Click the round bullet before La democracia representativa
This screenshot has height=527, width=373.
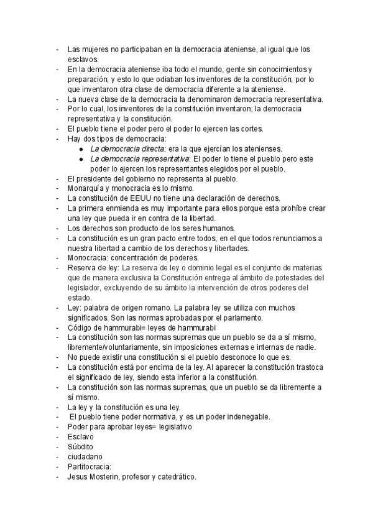[82, 159]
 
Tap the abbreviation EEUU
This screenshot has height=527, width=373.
[140, 199]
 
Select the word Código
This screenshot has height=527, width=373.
[81, 328]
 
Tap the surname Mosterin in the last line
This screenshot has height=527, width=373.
[121, 477]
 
